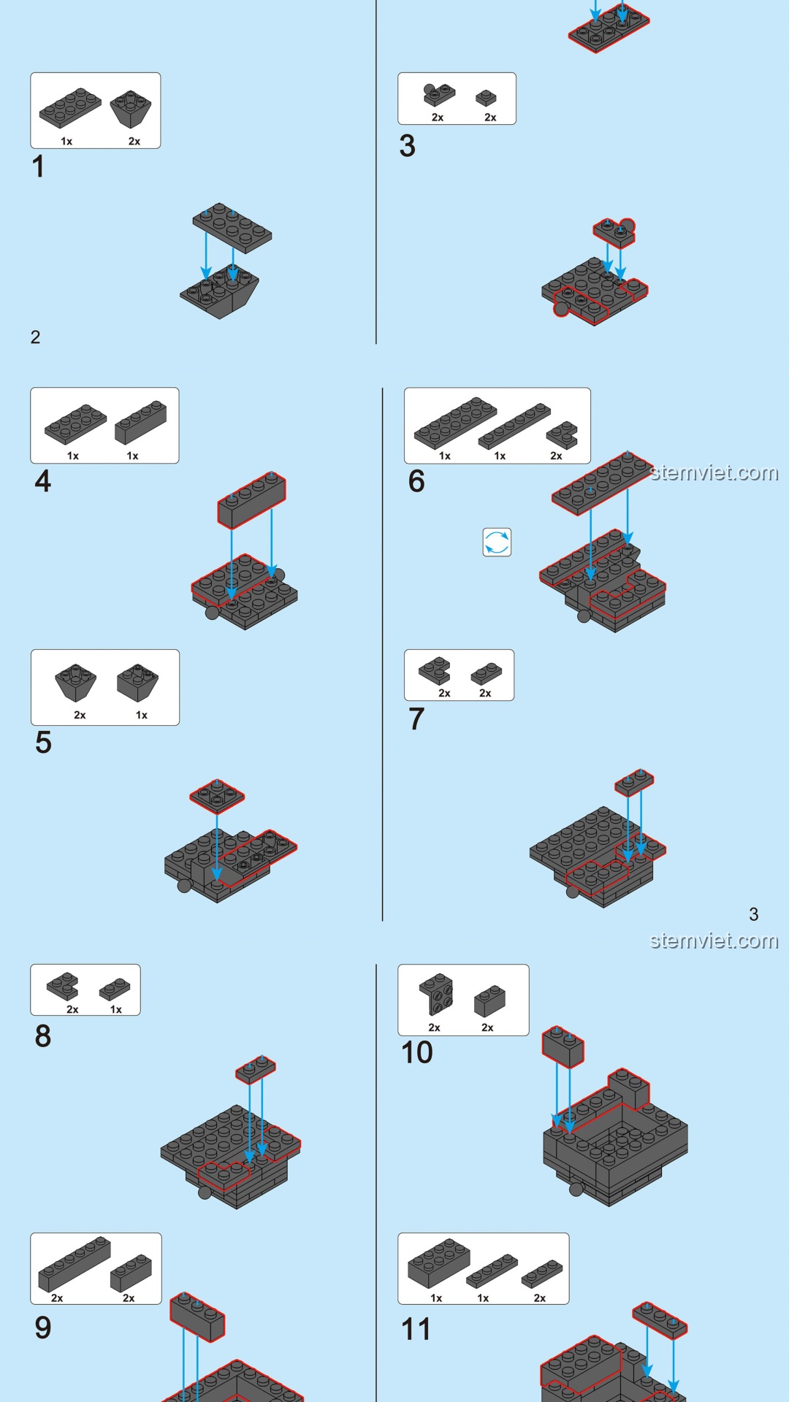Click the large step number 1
[x=39, y=166]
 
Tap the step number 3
[x=408, y=146]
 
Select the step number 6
[x=416, y=481]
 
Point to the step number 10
[x=416, y=1052]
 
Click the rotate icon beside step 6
[x=497, y=543]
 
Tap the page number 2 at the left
[x=35, y=337]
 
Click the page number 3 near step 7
[x=754, y=914]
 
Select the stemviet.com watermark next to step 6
[x=714, y=473]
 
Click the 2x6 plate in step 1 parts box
[x=70, y=107]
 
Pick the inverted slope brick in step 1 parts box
[x=131, y=109]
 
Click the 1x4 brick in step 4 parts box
[x=140, y=422]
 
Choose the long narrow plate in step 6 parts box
[x=514, y=425]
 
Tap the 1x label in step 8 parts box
[x=116, y=1009]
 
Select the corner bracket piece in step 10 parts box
[x=436, y=995]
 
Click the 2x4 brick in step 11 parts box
[x=438, y=1262]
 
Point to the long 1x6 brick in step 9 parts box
[x=74, y=1263]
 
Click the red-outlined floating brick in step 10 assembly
[x=563, y=1046]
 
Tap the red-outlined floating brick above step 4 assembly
[x=251, y=499]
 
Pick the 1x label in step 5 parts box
[x=142, y=715]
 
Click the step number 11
[x=416, y=1329]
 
